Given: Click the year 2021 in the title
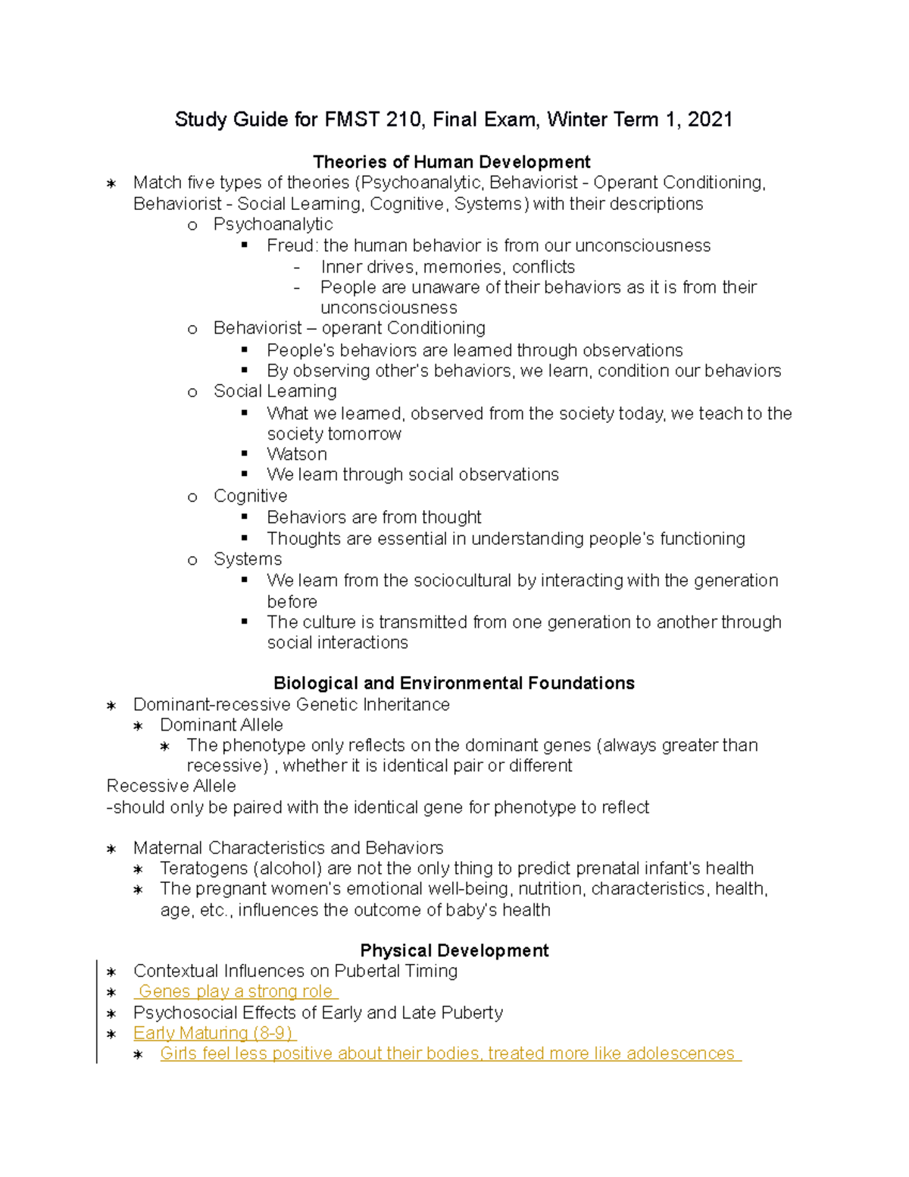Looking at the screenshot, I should (x=710, y=120).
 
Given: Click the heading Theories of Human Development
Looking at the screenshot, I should (x=451, y=162).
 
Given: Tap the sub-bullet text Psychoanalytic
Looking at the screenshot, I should (x=273, y=225).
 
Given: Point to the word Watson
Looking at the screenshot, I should (x=297, y=455).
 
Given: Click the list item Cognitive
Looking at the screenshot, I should (x=250, y=496).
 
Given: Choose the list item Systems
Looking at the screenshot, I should (x=247, y=559).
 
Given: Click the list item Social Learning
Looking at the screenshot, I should (x=275, y=392).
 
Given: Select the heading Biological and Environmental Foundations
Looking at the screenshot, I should (x=454, y=684).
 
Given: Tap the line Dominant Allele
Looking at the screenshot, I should (x=221, y=725).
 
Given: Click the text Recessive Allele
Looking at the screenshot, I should (x=171, y=787).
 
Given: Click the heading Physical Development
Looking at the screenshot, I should (x=454, y=951).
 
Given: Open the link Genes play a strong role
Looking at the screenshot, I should (x=236, y=992).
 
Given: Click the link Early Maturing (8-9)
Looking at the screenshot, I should (x=214, y=1034).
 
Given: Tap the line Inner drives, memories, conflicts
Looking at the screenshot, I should (x=448, y=268).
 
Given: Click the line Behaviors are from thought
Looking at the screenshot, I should (x=374, y=518).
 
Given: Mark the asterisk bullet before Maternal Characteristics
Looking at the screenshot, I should (x=111, y=849).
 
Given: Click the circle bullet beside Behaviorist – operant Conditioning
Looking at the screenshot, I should (x=192, y=330).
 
